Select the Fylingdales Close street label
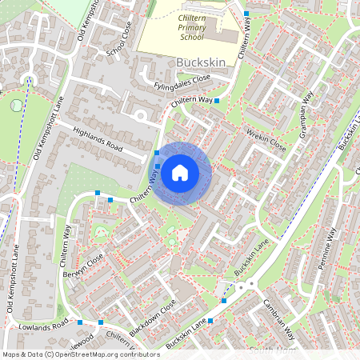click(183, 83)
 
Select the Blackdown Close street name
click(152, 320)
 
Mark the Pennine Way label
click(329, 249)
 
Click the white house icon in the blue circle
click(180, 172)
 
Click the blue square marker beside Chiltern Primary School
click(246, 14)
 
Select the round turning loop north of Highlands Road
click(141, 115)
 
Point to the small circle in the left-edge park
click(15, 104)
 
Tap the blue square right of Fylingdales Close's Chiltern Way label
click(217, 101)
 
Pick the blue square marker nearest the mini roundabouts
click(223, 301)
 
